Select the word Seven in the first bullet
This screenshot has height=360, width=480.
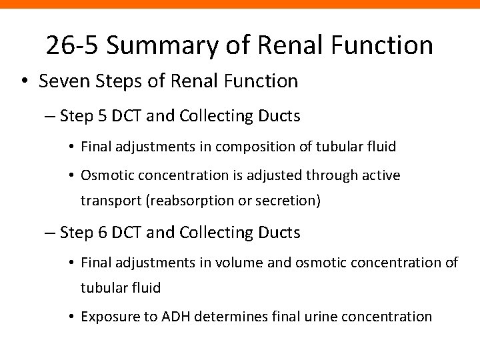58,82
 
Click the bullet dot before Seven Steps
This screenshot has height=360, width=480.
24,83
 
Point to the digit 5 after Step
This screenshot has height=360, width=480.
101,116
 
